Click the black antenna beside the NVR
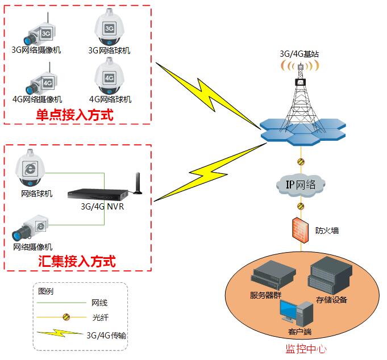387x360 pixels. [136, 185]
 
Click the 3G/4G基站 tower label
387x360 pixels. [299, 54]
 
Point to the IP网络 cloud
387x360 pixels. [301, 184]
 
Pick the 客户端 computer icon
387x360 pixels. [296, 312]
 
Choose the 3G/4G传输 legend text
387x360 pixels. [106, 335]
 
